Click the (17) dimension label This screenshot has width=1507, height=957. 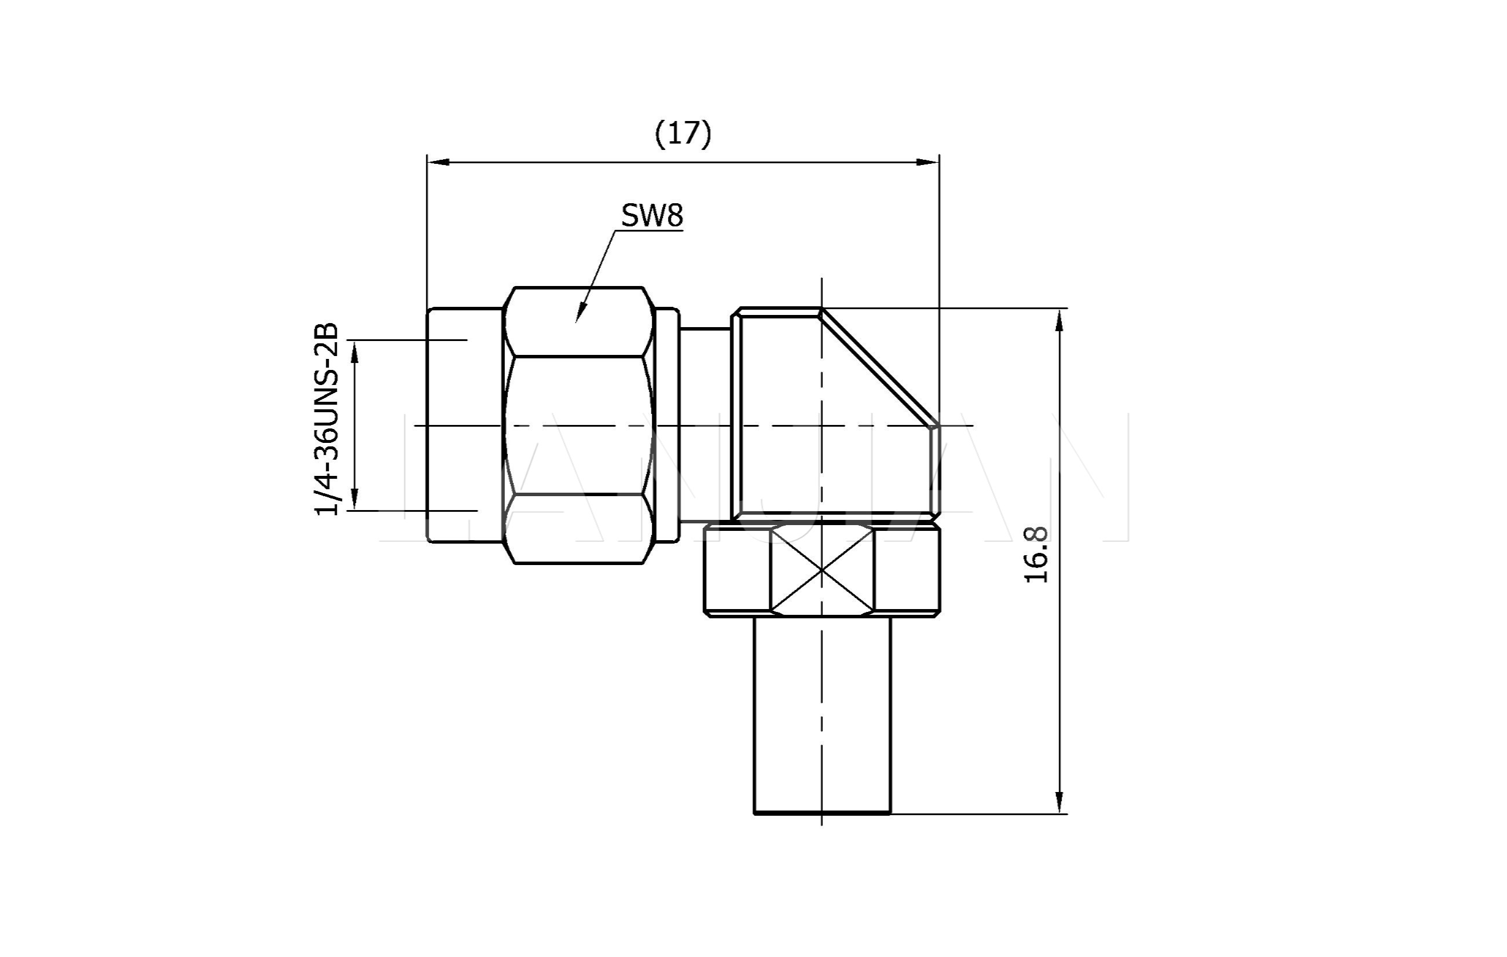[x=683, y=134]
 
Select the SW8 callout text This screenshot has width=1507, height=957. [x=651, y=216]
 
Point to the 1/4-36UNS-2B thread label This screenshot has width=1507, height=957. [x=327, y=419]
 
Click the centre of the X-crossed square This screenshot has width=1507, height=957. [x=821, y=570]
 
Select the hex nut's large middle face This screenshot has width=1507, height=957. [x=579, y=426]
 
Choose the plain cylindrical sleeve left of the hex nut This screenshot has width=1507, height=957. [x=464, y=426]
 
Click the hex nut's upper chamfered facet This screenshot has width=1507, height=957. [x=579, y=322]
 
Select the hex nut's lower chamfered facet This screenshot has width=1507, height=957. [x=579, y=529]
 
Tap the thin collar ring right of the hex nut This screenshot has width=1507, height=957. [x=667, y=426]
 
